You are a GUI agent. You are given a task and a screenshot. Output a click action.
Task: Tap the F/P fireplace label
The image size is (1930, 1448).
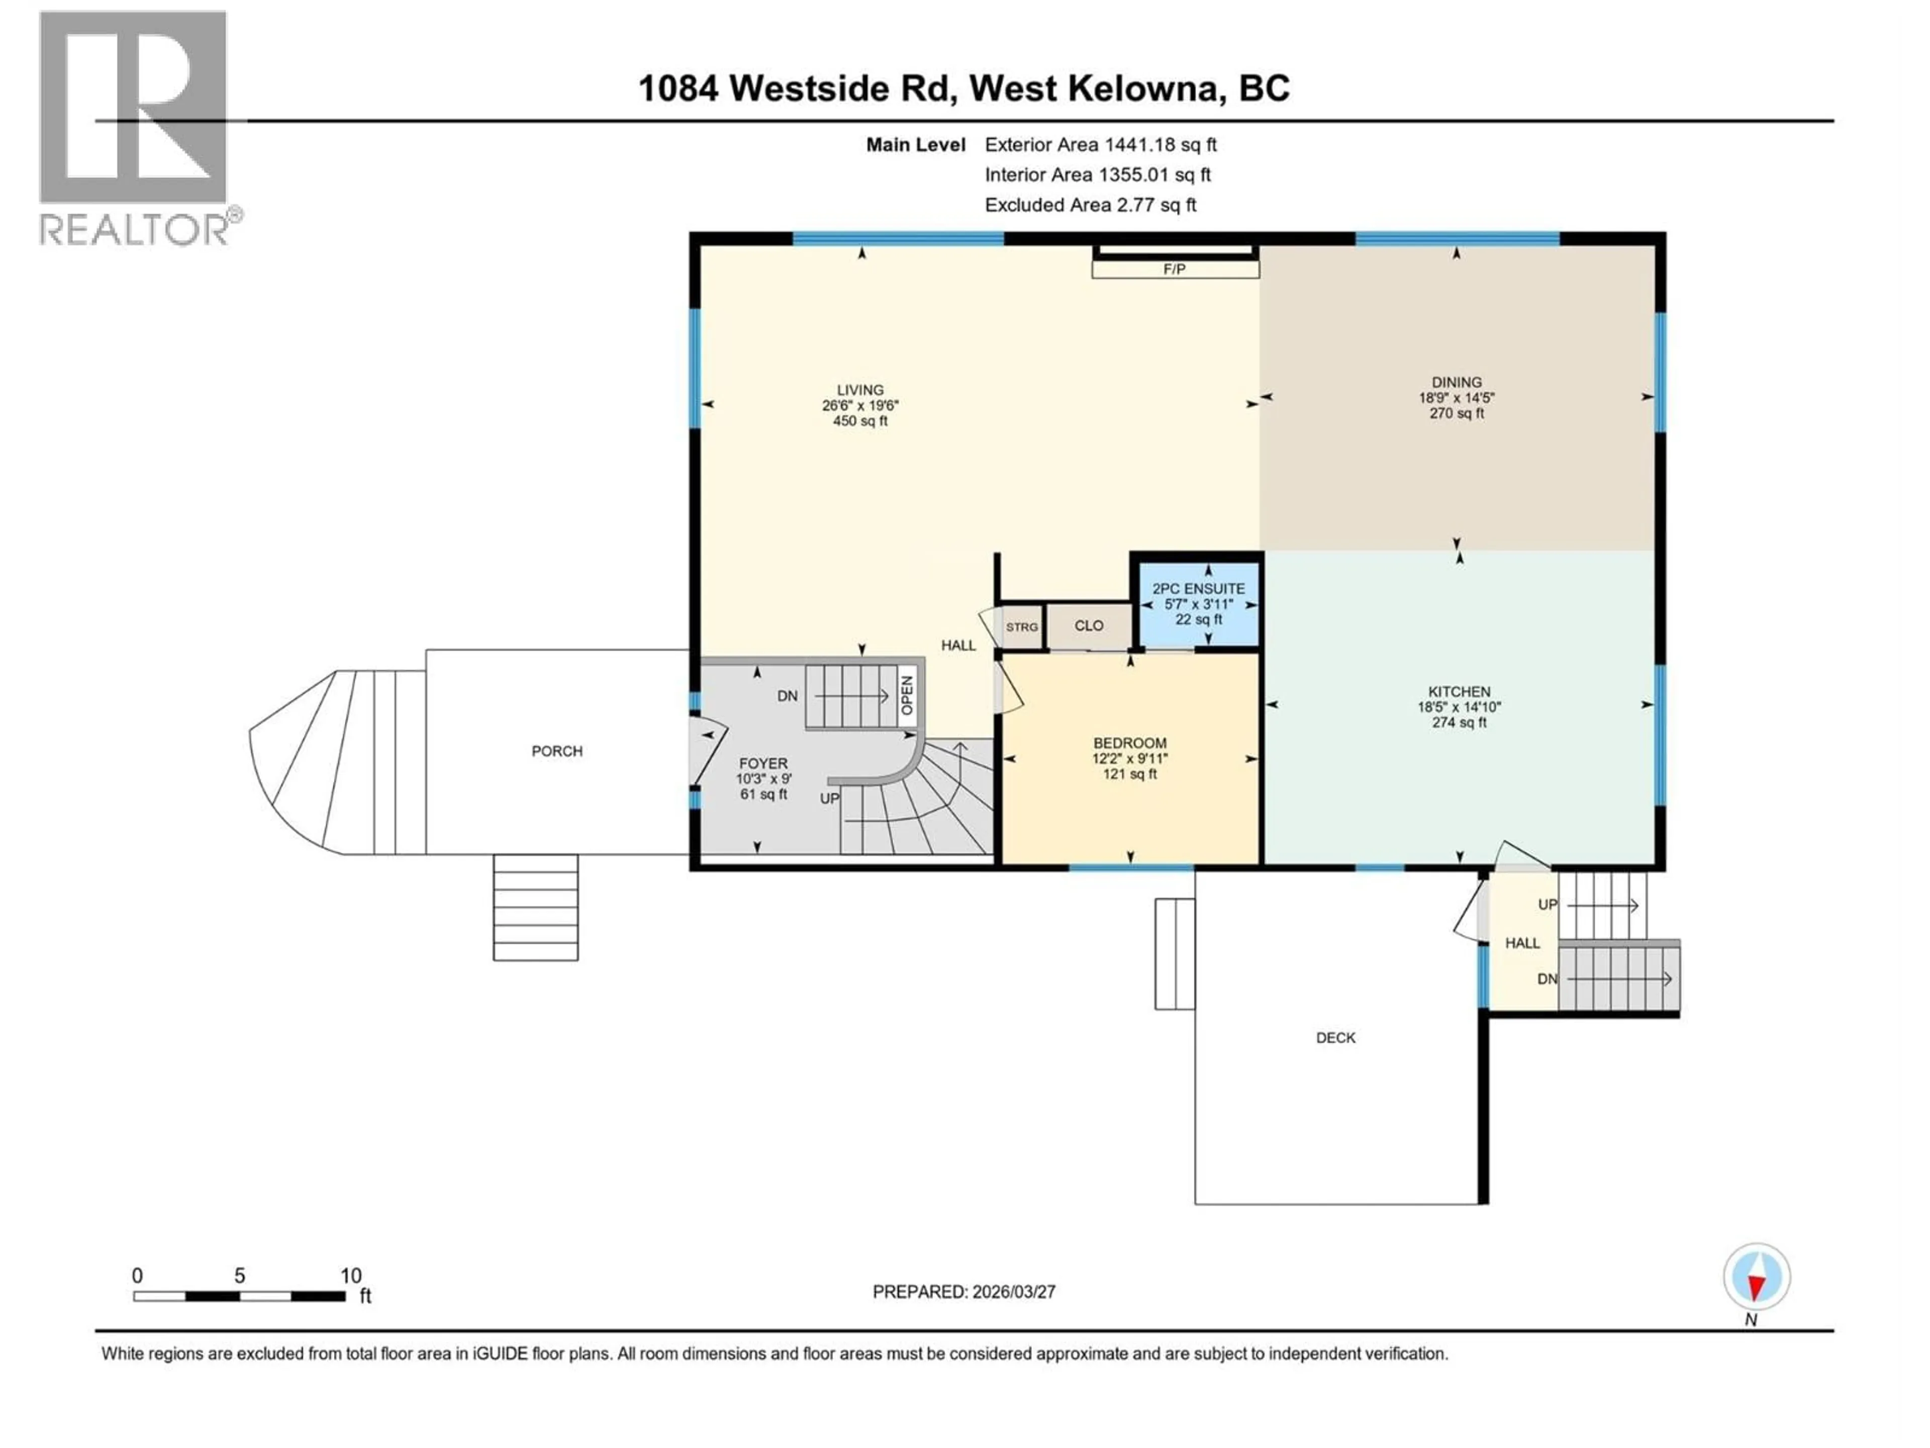click(1175, 269)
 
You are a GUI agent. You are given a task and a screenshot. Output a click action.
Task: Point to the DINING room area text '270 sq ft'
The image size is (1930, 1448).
click(1456, 414)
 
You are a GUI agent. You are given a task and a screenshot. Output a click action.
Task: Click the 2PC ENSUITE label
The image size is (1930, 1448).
click(1199, 589)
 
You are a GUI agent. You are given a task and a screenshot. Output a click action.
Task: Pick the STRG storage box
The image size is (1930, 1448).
click(1022, 626)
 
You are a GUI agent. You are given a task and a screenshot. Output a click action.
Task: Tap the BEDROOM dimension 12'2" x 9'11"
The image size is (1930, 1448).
click(1130, 759)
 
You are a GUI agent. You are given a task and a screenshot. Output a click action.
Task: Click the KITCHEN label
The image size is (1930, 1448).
click(1459, 691)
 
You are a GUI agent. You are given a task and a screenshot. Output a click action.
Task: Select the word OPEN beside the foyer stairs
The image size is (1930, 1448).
click(907, 696)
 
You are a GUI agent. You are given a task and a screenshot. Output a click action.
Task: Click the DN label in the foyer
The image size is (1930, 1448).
click(787, 696)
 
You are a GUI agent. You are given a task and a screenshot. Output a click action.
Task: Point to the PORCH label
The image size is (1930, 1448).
click(557, 752)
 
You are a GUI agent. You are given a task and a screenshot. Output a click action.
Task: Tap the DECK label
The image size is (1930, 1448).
click(1335, 1038)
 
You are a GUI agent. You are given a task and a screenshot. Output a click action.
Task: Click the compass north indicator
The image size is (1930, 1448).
click(1757, 1277)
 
